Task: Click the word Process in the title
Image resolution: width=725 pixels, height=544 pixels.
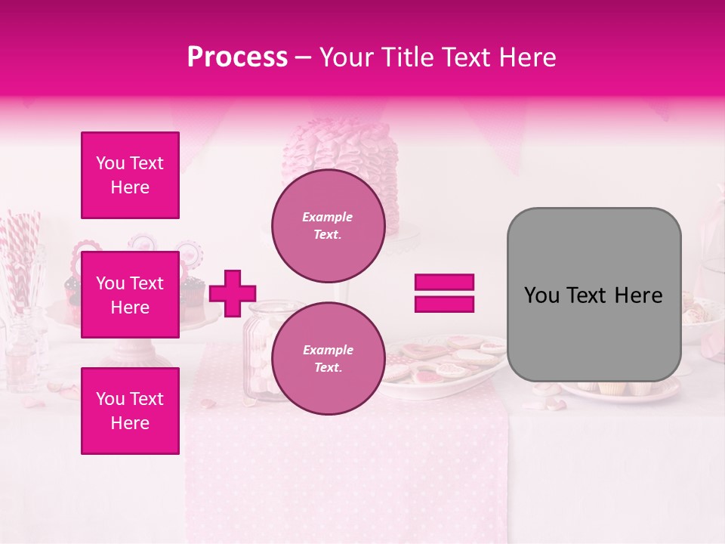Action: (x=237, y=57)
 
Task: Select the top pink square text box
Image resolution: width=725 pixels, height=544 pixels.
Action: (x=130, y=175)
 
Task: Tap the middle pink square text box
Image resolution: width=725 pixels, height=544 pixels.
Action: (x=130, y=295)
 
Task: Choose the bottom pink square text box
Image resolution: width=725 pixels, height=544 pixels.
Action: (x=130, y=411)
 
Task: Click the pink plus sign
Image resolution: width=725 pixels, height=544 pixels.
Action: (x=233, y=293)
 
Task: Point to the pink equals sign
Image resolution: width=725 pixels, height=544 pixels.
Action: (x=444, y=293)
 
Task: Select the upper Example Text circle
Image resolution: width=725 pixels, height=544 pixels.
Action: (x=328, y=226)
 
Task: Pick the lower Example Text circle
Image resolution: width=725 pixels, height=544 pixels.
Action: (x=328, y=359)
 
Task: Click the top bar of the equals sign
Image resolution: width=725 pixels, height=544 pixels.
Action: (x=444, y=283)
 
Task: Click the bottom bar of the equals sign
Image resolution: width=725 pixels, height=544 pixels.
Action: (x=444, y=304)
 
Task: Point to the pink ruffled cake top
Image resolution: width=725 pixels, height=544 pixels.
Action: (x=340, y=151)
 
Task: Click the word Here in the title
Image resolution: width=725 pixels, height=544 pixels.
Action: (x=528, y=57)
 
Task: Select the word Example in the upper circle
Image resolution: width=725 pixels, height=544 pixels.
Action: (x=328, y=218)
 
